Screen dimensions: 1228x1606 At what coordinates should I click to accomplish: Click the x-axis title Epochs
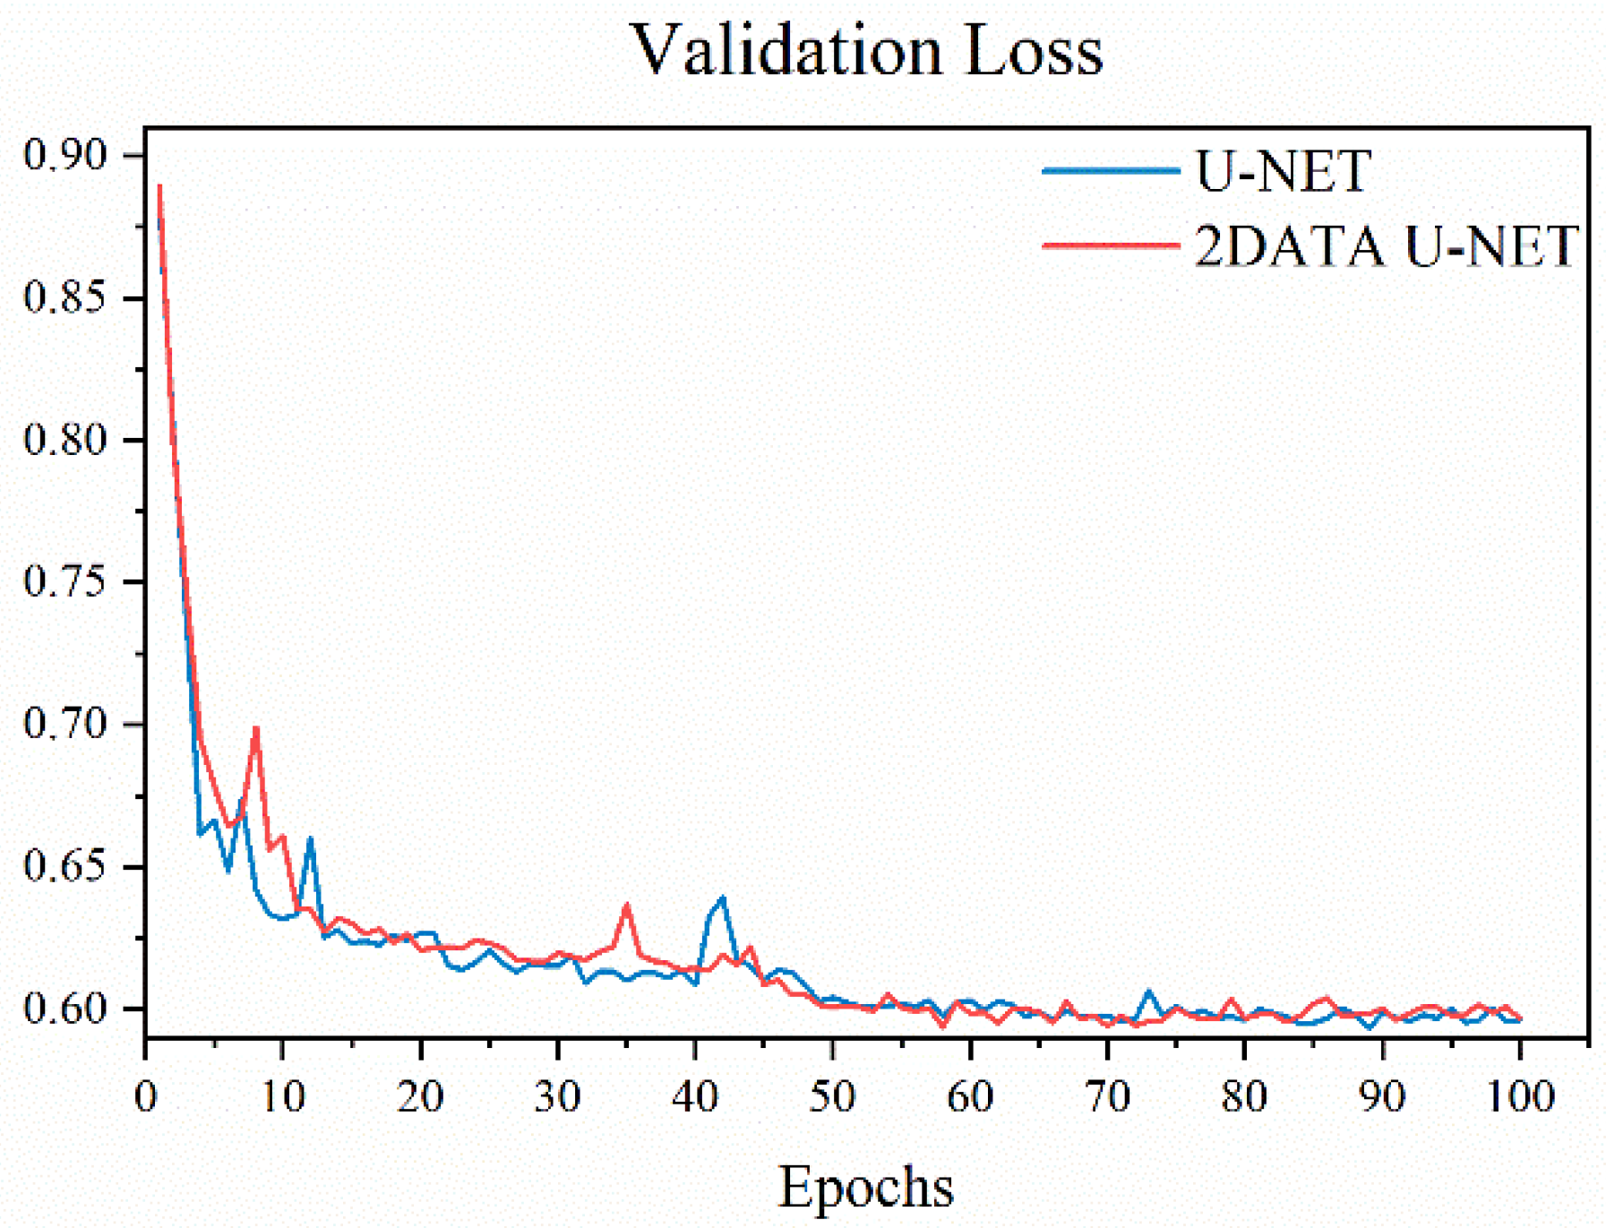coord(865,1187)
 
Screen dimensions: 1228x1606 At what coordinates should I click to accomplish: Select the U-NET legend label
coord(1283,171)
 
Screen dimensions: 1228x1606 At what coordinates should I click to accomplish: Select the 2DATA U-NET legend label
coord(1386,245)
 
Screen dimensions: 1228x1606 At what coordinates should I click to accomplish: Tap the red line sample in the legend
coord(1111,245)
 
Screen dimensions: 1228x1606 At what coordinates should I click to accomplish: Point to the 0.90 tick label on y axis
coord(64,155)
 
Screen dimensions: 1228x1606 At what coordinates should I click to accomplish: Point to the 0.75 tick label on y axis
coord(64,582)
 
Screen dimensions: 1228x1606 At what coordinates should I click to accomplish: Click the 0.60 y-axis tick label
coord(64,1009)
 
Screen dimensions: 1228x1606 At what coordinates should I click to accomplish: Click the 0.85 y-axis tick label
coord(64,297)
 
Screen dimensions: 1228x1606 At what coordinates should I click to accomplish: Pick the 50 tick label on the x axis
coord(832,1096)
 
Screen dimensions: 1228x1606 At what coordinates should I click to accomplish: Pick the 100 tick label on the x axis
coord(1519,1096)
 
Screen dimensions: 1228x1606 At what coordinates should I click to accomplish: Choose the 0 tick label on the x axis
coord(146,1096)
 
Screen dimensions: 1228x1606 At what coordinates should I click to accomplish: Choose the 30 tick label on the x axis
coord(558,1096)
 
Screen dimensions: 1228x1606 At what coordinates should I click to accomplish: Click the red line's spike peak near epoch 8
coord(256,727)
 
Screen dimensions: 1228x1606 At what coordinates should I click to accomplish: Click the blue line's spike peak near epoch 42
coord(723,897)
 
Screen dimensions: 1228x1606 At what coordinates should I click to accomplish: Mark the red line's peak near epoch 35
coord(627,905)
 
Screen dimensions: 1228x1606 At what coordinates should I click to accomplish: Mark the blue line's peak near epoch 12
coord(310,838)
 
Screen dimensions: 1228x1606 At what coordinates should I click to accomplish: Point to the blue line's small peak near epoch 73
coord(1149,992)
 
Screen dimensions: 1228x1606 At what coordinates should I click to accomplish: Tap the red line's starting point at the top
coord(159,186)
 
